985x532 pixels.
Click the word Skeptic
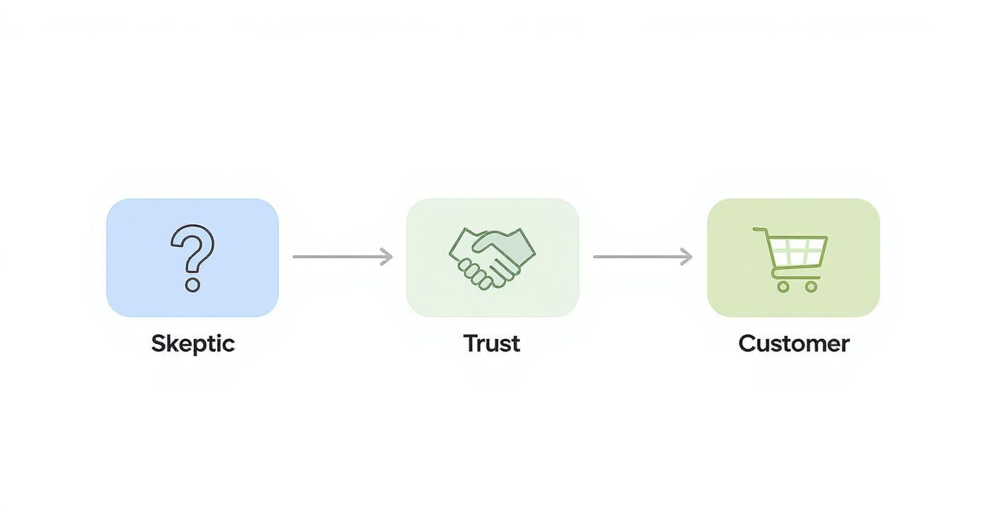(x=192, y=344)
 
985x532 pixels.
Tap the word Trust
(x=492, y=344)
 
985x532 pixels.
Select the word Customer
(x=793, y=344)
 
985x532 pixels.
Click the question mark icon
(x=192, y=257)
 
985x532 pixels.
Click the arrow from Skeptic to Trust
(x=342, y=257)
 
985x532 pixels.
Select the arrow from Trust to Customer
(x=642, y=257)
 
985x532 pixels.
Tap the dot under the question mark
(x=192, y=285)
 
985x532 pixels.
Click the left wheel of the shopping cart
(x=783, y=287)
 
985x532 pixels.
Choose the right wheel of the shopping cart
(x=811, y=287)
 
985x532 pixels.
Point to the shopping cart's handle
(x=759, y=229)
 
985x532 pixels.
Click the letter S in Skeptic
(x=159, y=344)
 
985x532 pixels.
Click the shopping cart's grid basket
(x=797, y=249)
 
